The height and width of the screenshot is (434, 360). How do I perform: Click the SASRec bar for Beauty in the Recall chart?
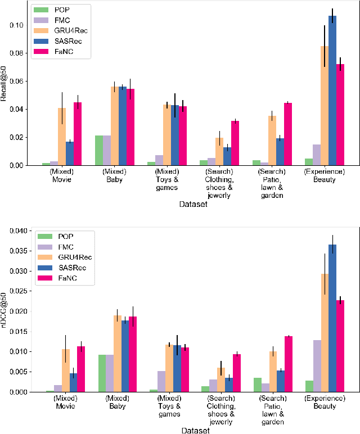pyautogui.click(x=332, y=91)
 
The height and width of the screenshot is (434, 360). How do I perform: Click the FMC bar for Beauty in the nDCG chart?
pyautogui.click(x=317, y=366)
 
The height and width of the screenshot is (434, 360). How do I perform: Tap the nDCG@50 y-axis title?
pyautogui.click(x=4, y=310)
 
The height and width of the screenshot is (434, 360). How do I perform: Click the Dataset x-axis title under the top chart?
pyautogui.click(x=192, y=205)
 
